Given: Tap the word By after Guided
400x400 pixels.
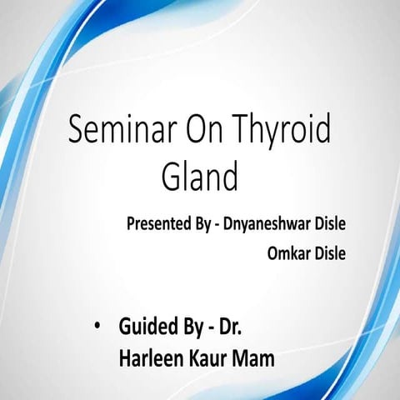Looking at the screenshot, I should coord(192,327).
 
